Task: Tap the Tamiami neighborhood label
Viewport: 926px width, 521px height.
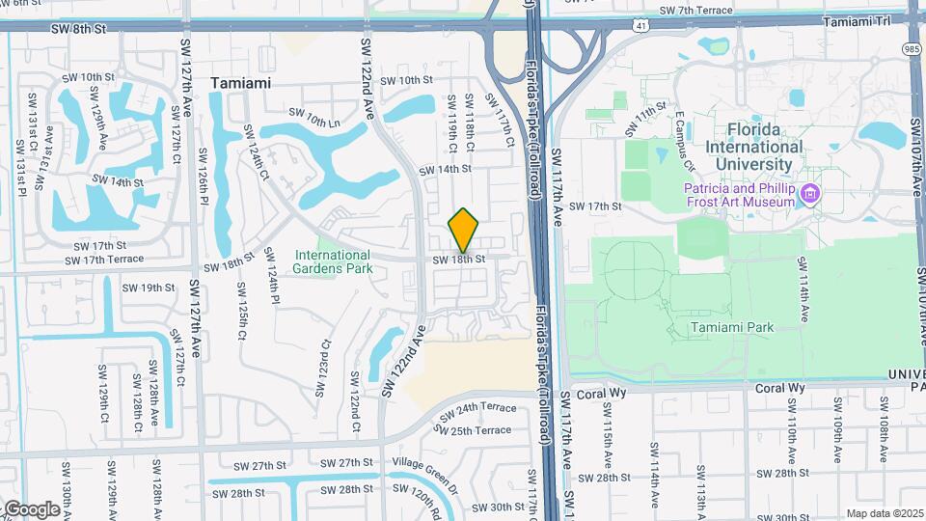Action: coord(240,83)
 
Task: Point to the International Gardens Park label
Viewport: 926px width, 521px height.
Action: coord(333,261)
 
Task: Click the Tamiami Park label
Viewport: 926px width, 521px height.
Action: coord(732,328)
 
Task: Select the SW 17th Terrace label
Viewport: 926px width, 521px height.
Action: coord(104,260)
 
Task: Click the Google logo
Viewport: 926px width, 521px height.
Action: coord(31,508)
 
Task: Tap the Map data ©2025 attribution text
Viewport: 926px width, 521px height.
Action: coord(885,513)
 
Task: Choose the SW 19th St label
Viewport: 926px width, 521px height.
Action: coord(157,288)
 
